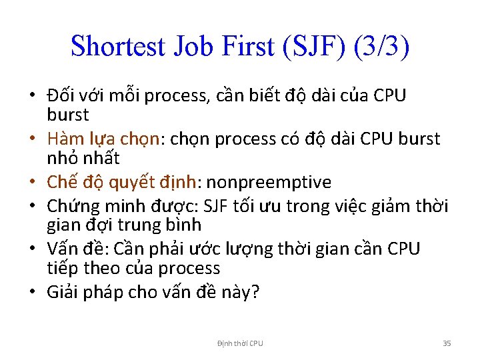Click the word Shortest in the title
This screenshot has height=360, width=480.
(117, 46)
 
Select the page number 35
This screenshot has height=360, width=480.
(447, 343)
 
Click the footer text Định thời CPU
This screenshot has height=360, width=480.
(240, 343)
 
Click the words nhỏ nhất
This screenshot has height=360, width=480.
(83, 159)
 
